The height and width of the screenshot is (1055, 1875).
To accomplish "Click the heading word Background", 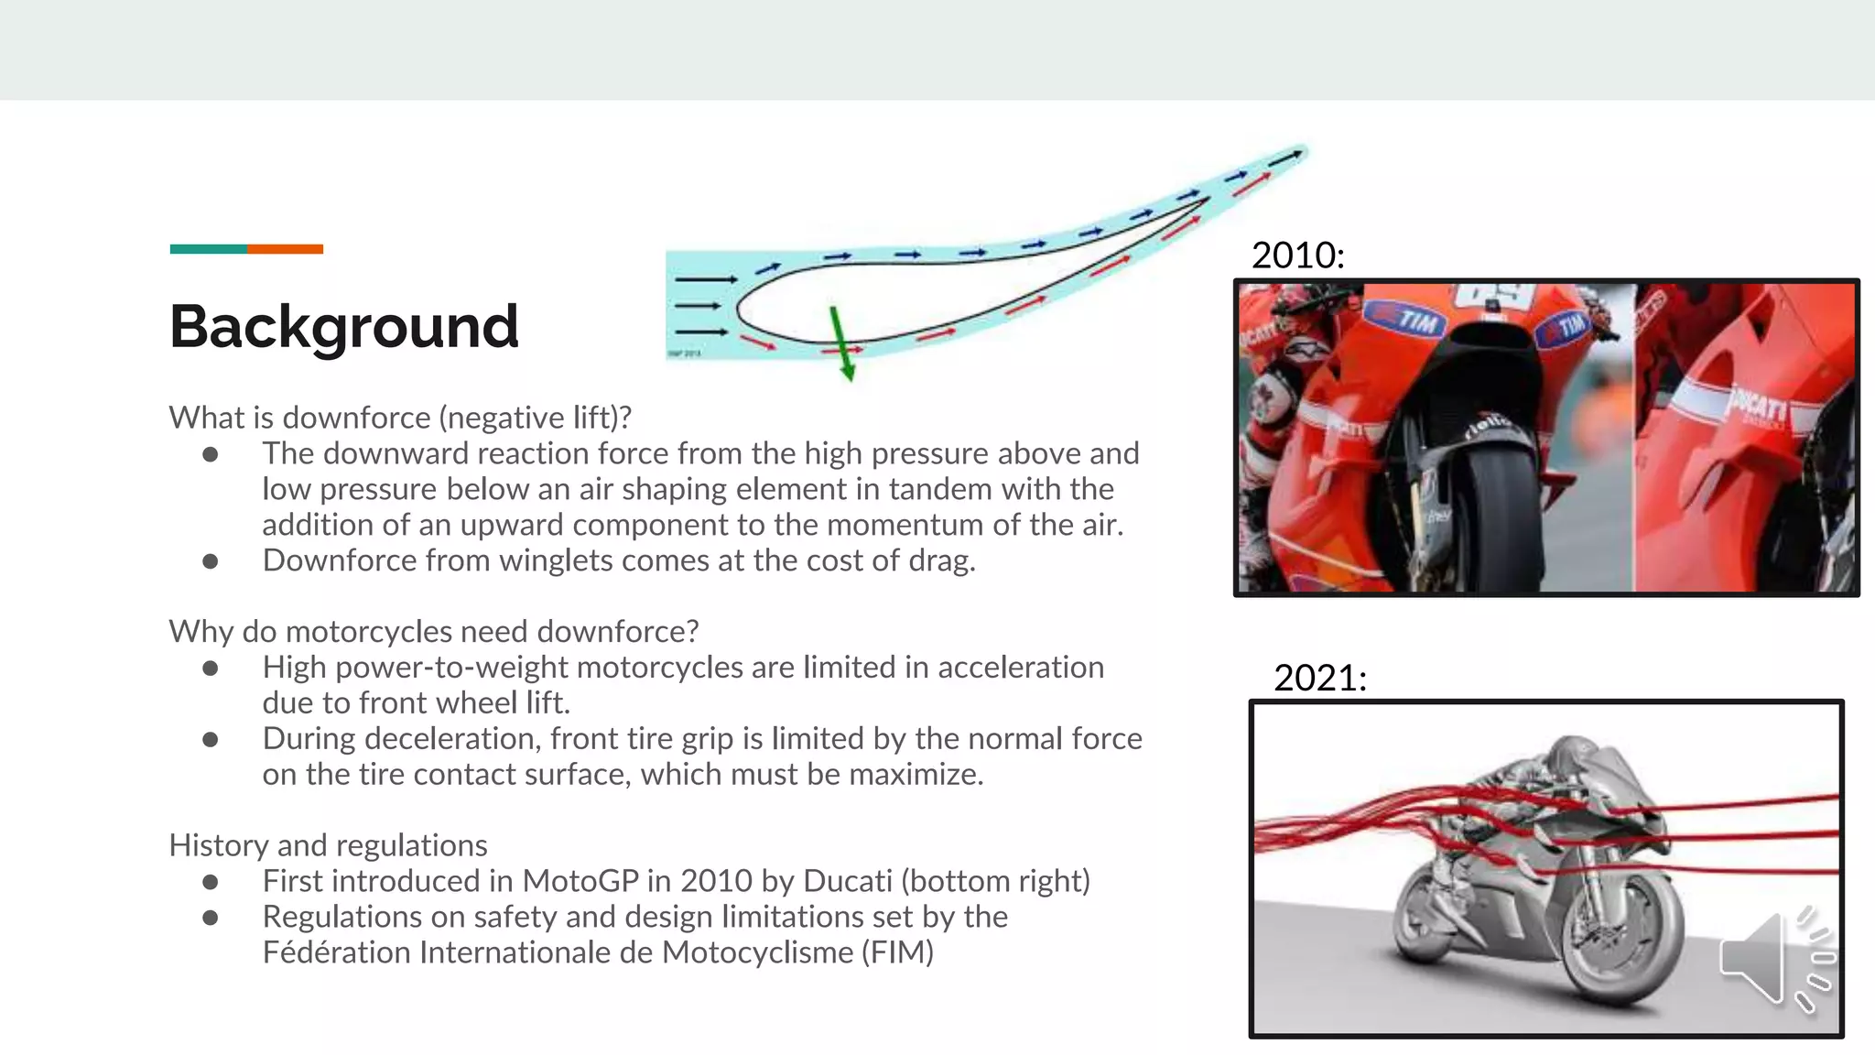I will point(343,327).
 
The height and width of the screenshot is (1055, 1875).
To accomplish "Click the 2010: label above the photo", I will point(1297,256).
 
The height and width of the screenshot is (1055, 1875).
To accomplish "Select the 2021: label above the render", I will point(1319,679).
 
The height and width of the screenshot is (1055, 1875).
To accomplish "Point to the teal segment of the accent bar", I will point(208,249).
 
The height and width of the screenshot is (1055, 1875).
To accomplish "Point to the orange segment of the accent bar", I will point(285,249).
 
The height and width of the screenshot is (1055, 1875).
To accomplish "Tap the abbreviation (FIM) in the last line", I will point(896,952).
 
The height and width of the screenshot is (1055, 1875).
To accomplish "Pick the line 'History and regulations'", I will point(328,845).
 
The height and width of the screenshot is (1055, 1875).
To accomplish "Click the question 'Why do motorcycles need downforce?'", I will point(434,632).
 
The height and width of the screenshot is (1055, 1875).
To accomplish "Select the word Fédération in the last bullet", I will point(336,952).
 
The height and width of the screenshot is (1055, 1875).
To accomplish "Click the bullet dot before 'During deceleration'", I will point(211,740).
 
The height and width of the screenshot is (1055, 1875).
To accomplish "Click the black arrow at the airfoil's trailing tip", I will point(1285,157).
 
